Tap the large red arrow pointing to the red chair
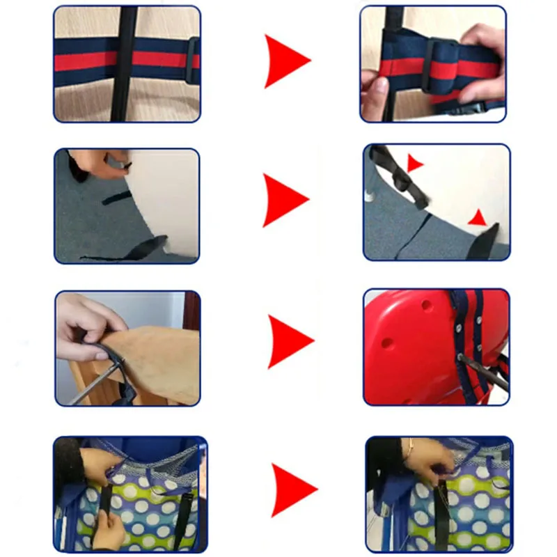tap(288, 341)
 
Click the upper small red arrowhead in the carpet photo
tap(414, 164)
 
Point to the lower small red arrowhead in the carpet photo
tap(478, 218)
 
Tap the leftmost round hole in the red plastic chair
tap(388, 343)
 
